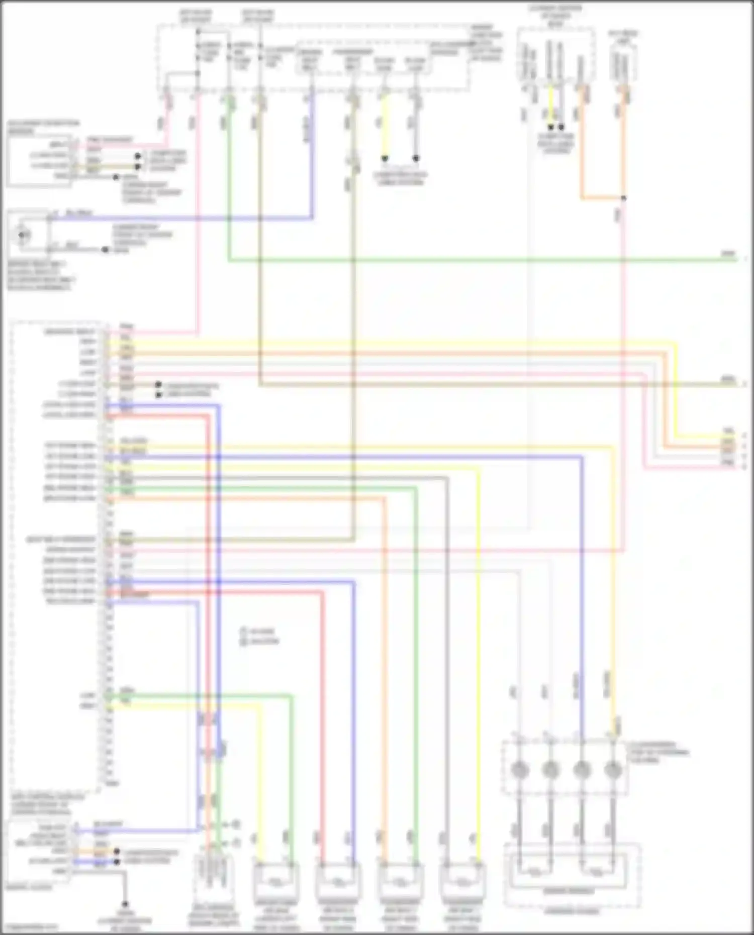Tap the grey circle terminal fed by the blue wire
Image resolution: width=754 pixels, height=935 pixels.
(582, 769)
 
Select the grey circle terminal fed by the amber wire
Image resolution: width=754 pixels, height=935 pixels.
(613, 769)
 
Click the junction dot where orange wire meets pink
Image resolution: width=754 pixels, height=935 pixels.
(623, 198)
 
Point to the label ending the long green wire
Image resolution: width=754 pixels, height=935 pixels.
(728, 254)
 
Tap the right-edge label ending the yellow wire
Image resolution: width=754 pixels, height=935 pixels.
(728, 432)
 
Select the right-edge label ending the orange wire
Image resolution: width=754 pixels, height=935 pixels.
(728, 442)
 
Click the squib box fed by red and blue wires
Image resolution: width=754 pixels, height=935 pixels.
(338, 882)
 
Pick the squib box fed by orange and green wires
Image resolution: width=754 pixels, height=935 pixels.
(400, 882)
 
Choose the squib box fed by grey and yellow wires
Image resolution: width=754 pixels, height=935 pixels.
(462, 882)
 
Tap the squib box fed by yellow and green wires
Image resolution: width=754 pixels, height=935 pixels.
(276, 882)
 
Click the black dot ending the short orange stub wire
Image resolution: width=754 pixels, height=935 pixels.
(117, 852)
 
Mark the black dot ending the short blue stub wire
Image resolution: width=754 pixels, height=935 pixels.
(117, 862)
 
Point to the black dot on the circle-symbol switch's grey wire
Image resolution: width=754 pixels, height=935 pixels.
(105, 249)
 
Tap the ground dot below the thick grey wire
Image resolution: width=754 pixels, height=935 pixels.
(125, 904)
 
